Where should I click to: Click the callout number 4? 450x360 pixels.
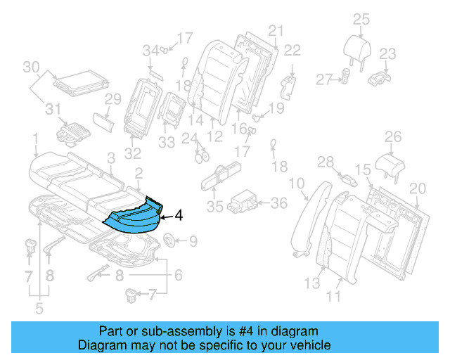click(x=179, y=216)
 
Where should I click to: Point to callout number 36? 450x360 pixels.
click(x=279, y=203)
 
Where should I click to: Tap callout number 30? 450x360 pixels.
click(x=30, y=67)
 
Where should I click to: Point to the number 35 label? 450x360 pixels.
click(x=216, y=207)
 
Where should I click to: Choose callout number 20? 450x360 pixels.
click(x=418, y=188)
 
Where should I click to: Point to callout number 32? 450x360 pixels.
click(x=133, y=152)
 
